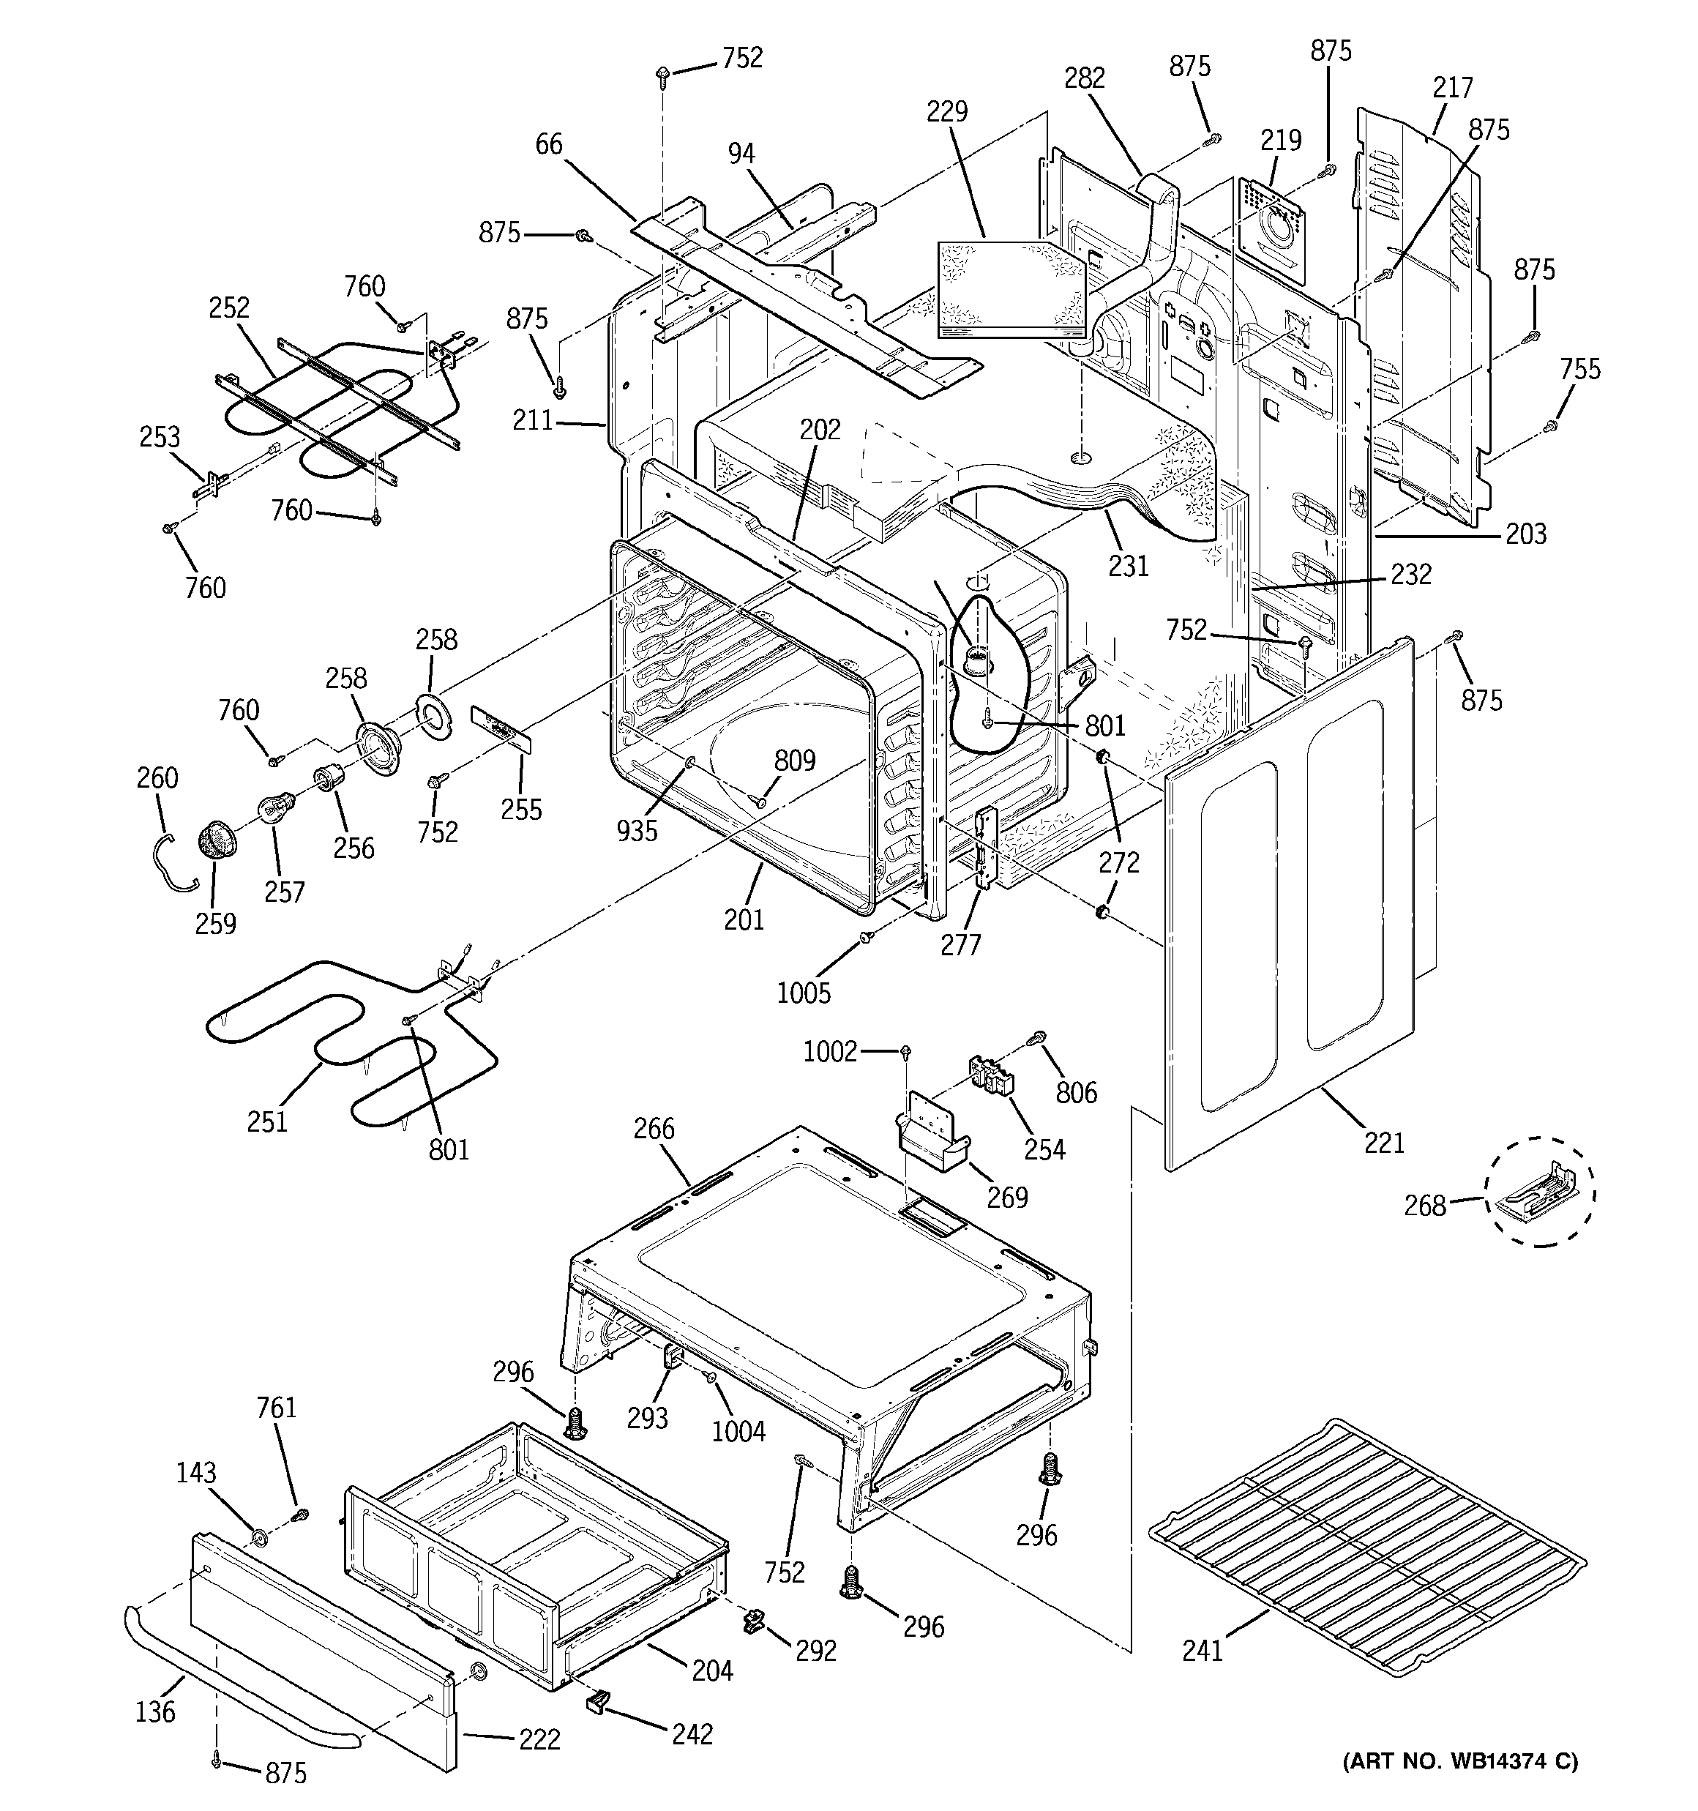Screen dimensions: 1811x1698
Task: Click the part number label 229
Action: click(x=947, y=112)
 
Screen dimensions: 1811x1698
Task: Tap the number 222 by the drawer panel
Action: click(x=539, y=1739)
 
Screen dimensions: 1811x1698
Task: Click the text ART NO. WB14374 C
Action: click(x=1460, y=1786)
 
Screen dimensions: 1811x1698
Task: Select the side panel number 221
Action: click(x=1384, y=1141)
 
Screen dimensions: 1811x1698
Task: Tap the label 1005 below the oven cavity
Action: click(x=804, y=992)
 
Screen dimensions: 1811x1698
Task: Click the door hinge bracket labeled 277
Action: click(x=984, y=847)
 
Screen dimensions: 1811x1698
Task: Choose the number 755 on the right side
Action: click(x=1579, y=369)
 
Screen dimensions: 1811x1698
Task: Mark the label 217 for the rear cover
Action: click(x=1452, y=87)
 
